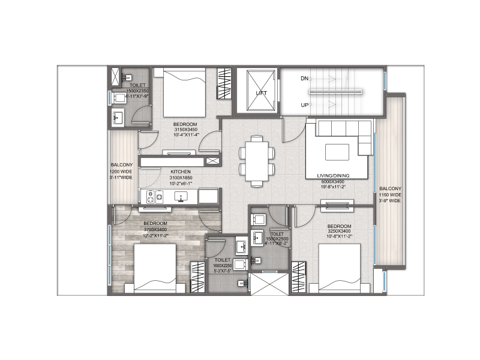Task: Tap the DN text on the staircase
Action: pyautogui.click(x=305, y=79)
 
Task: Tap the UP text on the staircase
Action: pyautogui.click(x=305, y=106)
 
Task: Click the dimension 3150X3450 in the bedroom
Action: pyautogui.click(x=185, y=130)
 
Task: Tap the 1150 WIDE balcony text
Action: pyautogui.click(x=389, y=195)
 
